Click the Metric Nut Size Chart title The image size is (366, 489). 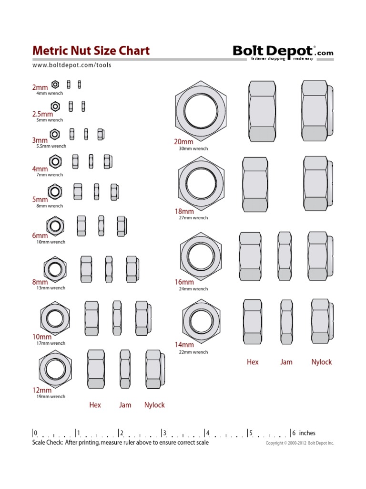point(91,51)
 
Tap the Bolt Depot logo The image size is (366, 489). point(283,52)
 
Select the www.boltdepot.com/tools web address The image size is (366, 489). point(72,65)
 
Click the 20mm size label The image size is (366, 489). point(184,142)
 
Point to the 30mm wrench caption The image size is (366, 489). point(193,149)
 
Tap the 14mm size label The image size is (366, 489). point(184,345)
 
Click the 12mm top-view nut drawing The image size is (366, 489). point(55,368)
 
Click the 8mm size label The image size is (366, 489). point(40,282)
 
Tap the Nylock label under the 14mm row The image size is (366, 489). point(321,362)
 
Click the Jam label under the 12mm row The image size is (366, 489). point(125,405)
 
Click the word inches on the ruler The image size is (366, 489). point(307,433)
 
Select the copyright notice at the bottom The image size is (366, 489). point(299,443)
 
